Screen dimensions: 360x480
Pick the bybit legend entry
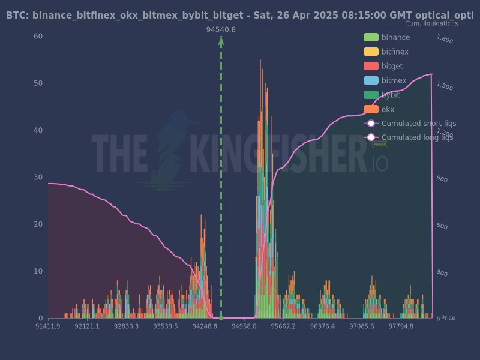(x=391, y=95)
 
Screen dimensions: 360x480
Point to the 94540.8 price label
(x=221, y=29)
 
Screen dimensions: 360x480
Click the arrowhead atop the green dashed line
(x=221, y=40)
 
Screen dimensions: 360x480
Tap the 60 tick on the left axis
(x=38, y=36)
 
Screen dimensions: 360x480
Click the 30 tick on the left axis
(x=38, y=177)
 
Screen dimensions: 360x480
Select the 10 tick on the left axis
(x=38, y=271)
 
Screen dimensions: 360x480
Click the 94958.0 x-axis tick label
(x=244, y=326)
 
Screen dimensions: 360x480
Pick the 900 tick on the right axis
(x=442, y=179)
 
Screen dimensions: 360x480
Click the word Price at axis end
(x=448, y=318)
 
